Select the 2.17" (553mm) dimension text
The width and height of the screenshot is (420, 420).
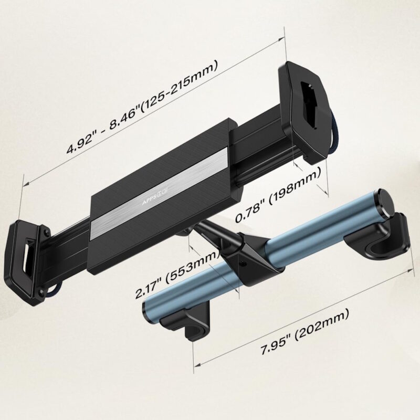point(177,274)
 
